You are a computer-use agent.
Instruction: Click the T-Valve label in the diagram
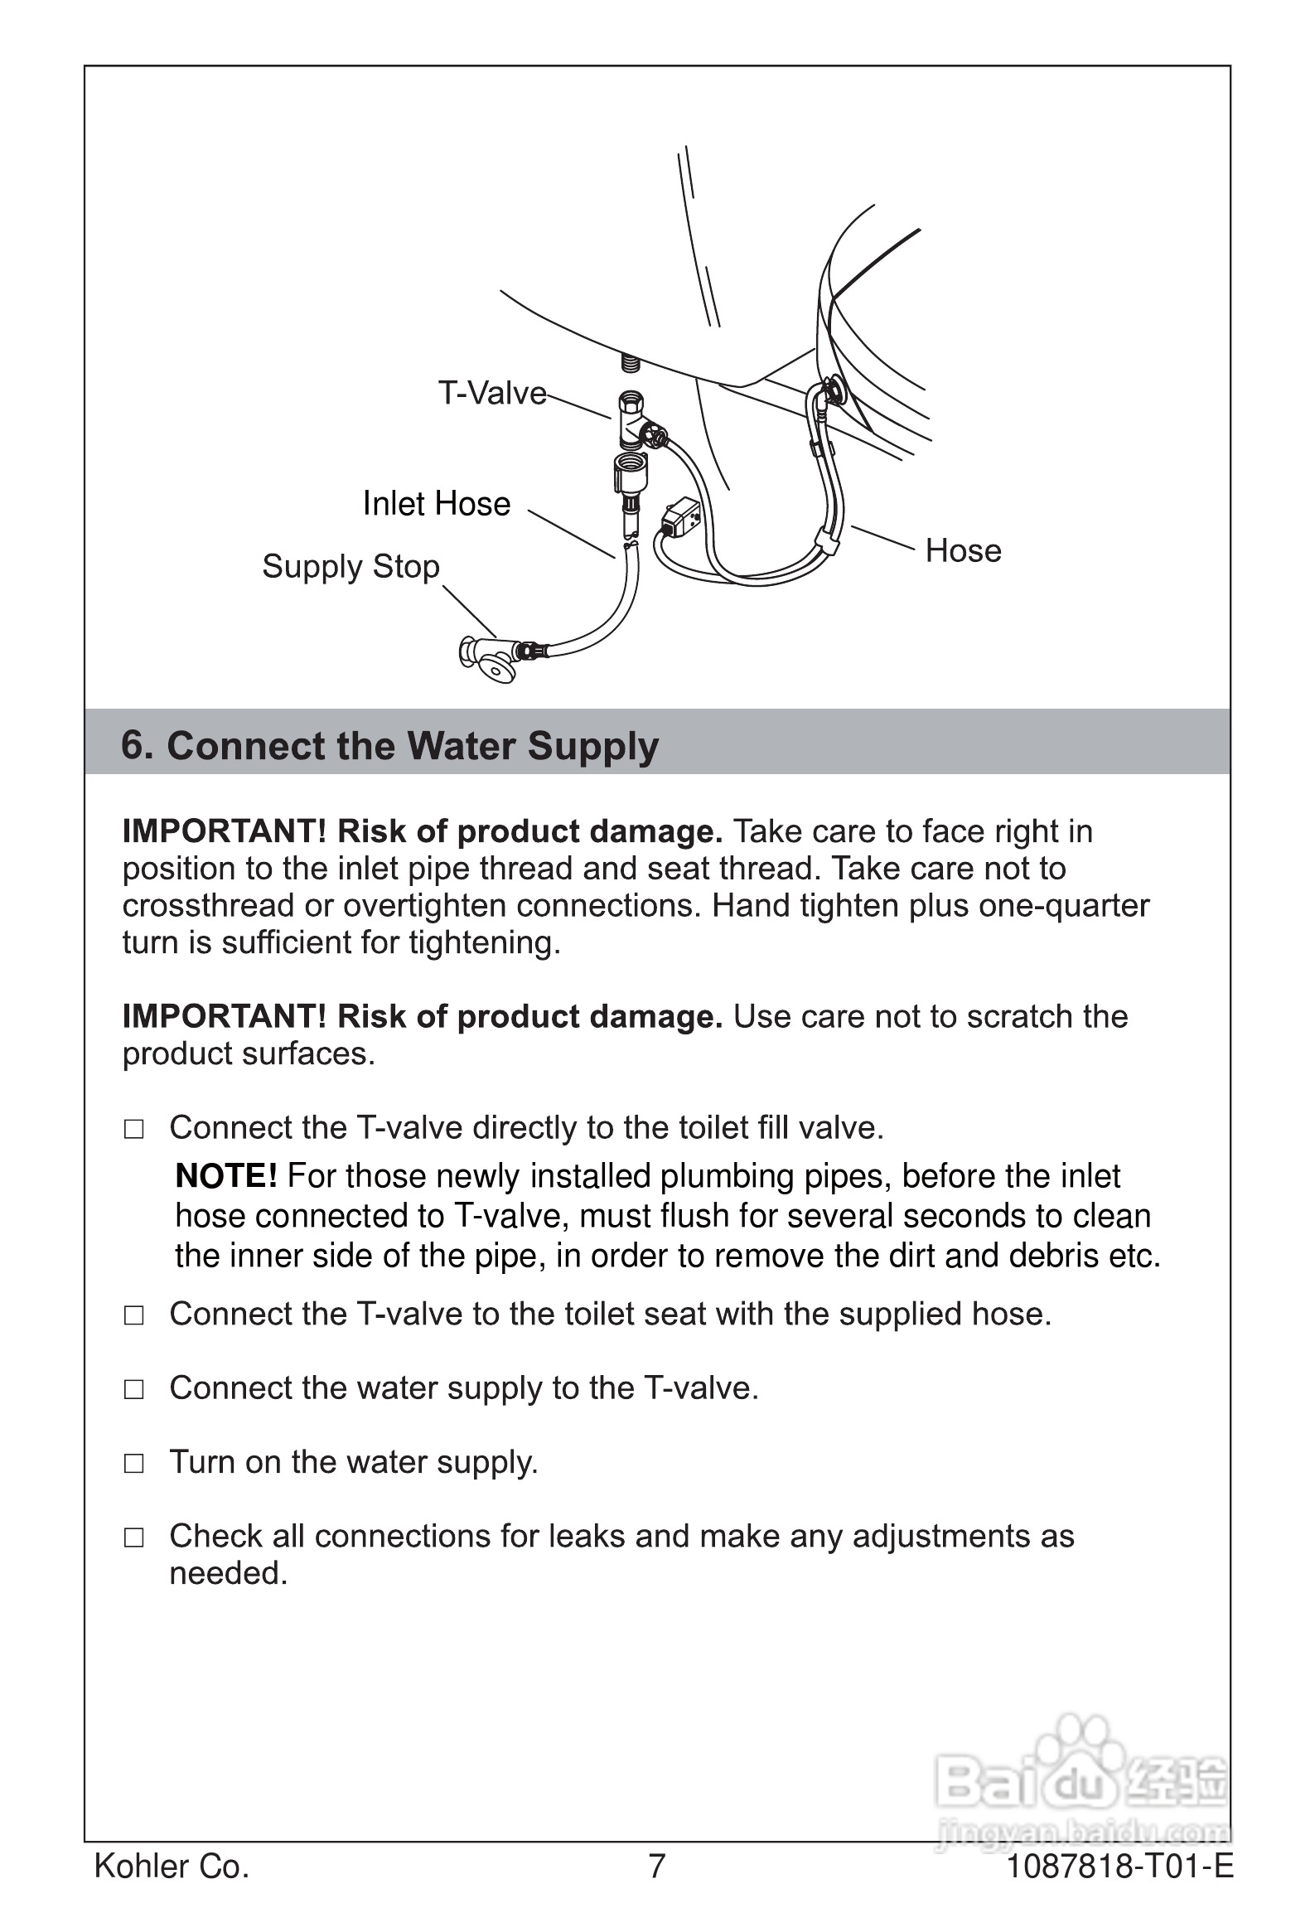(x=492, y=393)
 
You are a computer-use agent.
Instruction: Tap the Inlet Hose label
(x=437, y=504)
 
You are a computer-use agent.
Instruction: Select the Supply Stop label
(x=351, y=567)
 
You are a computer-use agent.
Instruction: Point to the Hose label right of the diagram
(x=963, y=550)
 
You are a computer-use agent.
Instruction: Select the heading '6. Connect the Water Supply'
(x=389, y=745)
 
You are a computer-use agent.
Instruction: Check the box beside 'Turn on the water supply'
(x=133, y=1464)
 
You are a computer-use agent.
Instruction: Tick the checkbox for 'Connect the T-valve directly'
(x=133, y=1129)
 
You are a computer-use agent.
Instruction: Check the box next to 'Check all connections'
(x=133, y=1538)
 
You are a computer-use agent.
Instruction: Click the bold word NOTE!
(x=225, y=1176)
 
